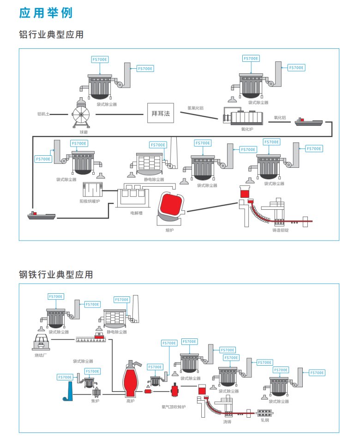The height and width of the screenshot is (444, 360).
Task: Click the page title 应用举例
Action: point(46,12)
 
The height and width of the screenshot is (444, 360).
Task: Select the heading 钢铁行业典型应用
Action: point(56,275)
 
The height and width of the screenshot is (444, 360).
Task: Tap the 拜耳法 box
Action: point(161,114)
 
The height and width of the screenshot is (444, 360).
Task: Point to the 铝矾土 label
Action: point(44,113)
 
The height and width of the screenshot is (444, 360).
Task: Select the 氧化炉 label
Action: point(247,129)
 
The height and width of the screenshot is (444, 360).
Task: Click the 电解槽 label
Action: point(136,213)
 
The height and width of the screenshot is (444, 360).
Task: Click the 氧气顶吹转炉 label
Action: point(173,407)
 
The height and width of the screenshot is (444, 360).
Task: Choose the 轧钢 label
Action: point(264,420)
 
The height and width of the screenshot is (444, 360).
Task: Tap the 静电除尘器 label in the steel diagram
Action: point(117,332)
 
